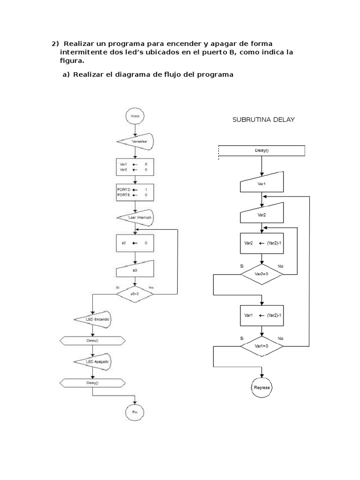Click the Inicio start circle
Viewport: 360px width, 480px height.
[x=135, y=115]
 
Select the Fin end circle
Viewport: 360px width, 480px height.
[x=135, y=412]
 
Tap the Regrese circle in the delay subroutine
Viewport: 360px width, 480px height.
[x=262, y=388]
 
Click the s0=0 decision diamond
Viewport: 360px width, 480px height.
[x=135, y=294]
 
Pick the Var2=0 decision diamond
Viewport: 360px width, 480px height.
[x=262, y=273]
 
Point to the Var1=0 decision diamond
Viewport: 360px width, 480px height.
[x=262, y=346]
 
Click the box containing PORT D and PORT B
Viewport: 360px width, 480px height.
[x=135, y=192]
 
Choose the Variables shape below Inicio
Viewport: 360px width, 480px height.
[x=135, y=141]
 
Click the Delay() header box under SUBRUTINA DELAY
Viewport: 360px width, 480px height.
[x=262, y=150]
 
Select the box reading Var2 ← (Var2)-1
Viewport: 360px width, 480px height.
[x=262, y=244]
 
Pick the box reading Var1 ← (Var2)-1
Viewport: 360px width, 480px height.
[x=262, y=316]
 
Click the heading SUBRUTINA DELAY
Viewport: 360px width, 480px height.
[x=263, y=120]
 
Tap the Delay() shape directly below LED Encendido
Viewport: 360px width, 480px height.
[x=93, y=341]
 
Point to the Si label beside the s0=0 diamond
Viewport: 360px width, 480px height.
[x=118, y=287]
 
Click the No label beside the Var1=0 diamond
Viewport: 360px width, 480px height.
[x=280, y=338]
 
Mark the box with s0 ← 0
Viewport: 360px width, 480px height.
[x=135, y=243]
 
